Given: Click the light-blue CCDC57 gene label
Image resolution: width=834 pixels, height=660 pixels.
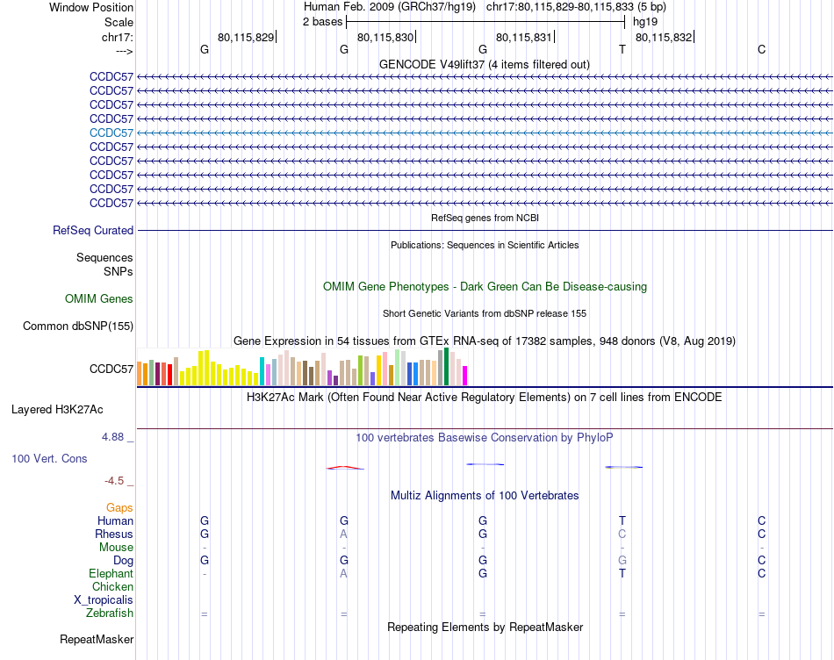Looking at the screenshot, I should coord(111,133).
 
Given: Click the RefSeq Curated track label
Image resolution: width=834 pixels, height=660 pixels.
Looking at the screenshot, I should coord(93,231).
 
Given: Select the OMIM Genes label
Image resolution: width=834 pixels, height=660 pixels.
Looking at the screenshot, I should coord(99,299).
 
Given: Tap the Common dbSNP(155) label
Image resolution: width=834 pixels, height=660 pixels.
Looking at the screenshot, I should coord(78,326).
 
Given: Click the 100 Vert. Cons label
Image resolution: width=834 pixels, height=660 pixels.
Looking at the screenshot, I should coord(49,458).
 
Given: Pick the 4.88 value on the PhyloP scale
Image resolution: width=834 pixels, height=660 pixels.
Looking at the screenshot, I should coord(117,435).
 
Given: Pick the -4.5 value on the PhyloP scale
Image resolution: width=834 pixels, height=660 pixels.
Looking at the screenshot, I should coord(118,480).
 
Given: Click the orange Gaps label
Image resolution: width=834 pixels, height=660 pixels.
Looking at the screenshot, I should coord(119,507).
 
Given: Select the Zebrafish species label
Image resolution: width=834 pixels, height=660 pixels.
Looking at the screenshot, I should coord(111,613).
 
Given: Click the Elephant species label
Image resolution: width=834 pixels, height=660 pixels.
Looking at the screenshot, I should coord(111,574).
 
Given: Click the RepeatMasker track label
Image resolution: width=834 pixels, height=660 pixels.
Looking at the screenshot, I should coord(97,639).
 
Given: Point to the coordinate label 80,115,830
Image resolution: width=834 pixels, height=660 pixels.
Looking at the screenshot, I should coord(385,37).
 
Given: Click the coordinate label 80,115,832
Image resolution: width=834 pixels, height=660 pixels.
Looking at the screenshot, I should coord(663,37).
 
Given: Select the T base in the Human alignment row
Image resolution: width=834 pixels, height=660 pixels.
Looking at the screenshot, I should coord(622,520).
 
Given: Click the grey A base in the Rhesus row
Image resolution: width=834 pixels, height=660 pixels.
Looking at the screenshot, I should coord(344,534).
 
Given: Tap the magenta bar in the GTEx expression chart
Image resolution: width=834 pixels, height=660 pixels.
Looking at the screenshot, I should coord(464,375).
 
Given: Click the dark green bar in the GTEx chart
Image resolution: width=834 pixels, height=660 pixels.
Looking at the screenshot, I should coord(447,367).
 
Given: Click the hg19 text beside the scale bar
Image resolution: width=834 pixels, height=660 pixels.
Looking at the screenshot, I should coord(645,21).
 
